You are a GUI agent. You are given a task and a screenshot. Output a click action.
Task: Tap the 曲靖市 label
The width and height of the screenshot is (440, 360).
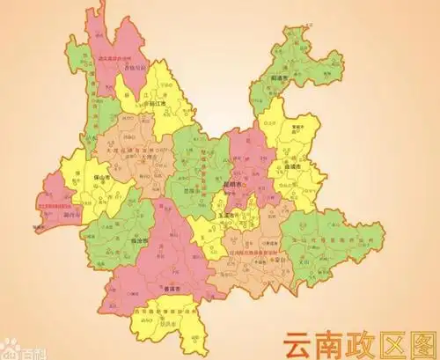[x=293, y=165]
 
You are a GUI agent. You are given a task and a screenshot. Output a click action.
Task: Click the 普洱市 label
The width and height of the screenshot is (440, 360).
[x=172, y=289]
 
